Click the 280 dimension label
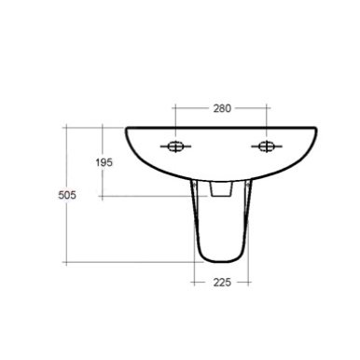pyautogui.click(x=222, y=109)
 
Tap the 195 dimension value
pyautogui.click(x=104, y=162)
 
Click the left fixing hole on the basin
pyautogui.click(x=174, y=145)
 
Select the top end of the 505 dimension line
pyautogui.click(x=68, y=127)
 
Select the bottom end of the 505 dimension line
pyautogui.click(x=68, y=263)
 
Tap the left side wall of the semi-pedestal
pyautogui.click(x=198, y=224)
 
